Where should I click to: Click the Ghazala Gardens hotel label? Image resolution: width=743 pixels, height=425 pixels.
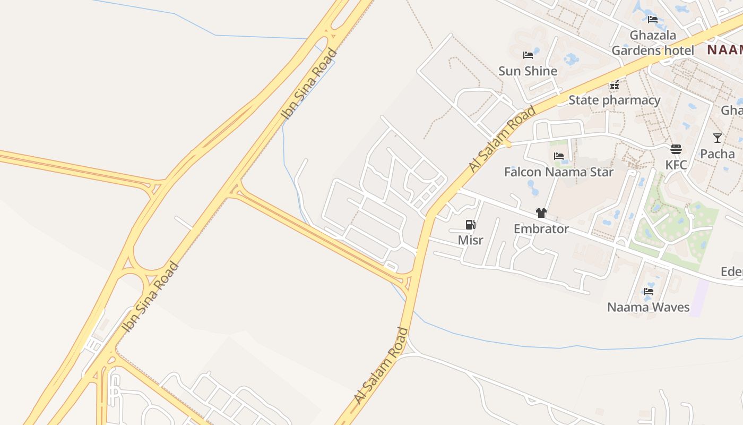pyautogui.click(x=653, y=43)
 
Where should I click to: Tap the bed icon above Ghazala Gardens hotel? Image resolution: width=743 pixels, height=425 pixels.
pyautogui.click(x=653, y=20)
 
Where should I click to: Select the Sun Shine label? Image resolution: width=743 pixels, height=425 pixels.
pyautogui.click(x=528, y=71)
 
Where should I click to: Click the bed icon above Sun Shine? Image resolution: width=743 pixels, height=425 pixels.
pyautogui.click(x=528, y=55)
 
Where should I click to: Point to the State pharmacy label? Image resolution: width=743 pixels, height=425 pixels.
pyautogui.click(x=615, y=100)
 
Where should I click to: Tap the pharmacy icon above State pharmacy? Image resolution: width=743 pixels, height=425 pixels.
pyautogui.click(x=615, y=84)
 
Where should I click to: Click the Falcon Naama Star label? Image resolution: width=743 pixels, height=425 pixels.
pyautogui.click(x=558, y=172)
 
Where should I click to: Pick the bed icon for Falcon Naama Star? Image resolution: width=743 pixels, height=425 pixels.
pyautogui.click(x=558, y=156)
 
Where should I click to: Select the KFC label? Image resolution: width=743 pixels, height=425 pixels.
pyautogui.click(x=676, y=165)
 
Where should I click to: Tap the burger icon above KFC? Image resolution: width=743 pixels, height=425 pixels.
pyautogui.click(x=676, y=149)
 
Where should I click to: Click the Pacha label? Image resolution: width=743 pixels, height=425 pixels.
pyautogui.click(x=718, y=154)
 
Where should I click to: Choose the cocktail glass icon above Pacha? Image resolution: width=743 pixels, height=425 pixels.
pyautogui.click(x=718, y=138)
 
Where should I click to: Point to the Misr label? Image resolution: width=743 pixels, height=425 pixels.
pyautogui.click(x=471, y=240)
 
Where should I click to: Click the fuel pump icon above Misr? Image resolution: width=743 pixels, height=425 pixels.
pyautogui.click(x=470, y=225)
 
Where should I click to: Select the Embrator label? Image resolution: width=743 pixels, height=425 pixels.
pyautogui.click(x=541, y=229)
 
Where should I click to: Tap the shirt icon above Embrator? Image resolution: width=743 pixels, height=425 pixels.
pyautogui.click(x=541, y=213)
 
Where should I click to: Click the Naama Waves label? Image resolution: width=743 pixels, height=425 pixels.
pyautogui.click(x=649, y=307)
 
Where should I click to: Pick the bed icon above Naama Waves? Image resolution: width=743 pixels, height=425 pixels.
pyautogui.click(x=649, y=291)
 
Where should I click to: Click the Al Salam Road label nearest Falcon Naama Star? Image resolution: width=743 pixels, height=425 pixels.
pyautogui.click(x=502, y=139)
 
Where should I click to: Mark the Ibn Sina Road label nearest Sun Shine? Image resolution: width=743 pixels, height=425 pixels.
pyautogui.click(x=309, y=83)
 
